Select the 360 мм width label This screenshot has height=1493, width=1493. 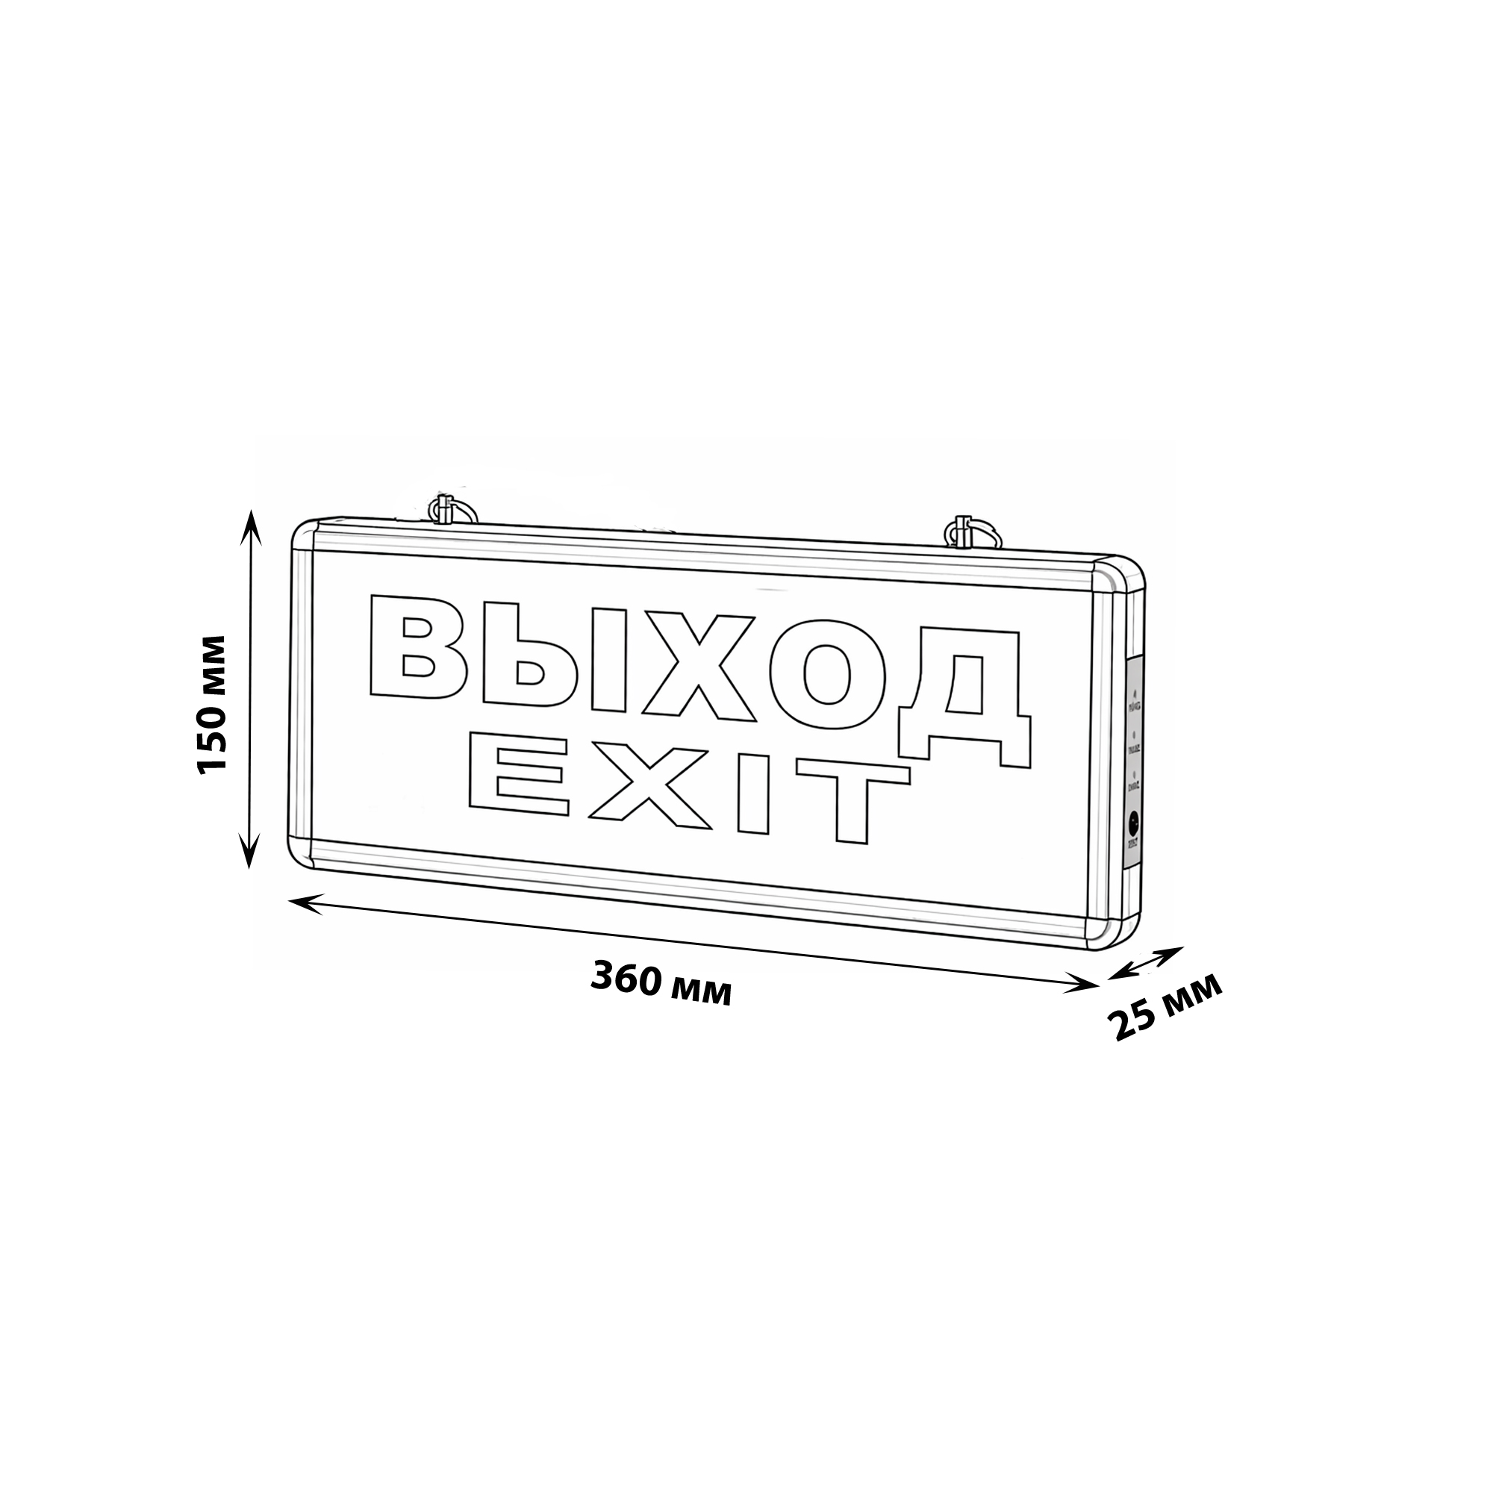click(661, 985)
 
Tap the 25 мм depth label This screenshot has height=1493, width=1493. click(1165, 1007)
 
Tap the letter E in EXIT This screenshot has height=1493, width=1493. click(520, 776)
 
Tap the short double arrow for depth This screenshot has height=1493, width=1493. click(1145, 963)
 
